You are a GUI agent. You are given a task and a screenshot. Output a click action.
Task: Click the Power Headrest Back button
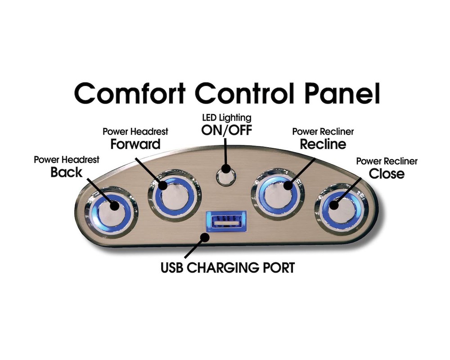pos(111,212)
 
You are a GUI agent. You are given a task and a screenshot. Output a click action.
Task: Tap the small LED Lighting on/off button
pos(226,176)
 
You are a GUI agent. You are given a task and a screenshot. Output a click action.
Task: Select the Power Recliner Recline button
pos(278,194)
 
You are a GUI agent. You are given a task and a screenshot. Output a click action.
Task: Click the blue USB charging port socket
pos(226,221)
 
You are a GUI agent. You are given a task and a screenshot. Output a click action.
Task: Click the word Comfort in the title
pos(130,93)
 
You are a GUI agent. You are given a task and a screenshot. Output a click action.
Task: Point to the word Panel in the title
pos(342,93)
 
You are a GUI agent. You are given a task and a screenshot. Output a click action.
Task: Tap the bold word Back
pos(66,172)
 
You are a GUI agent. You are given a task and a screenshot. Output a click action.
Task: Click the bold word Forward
pos(135,144)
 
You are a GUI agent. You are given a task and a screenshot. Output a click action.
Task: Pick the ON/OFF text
pos(227,130)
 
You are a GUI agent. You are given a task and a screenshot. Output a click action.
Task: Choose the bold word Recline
pos(323,144)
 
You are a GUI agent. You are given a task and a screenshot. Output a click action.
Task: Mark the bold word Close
pos(387,174)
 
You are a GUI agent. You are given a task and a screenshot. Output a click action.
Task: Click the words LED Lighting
pos(227,118)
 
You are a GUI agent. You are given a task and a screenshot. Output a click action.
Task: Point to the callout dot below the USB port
pos(205,238)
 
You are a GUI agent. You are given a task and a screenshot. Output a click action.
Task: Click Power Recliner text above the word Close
pos(387,162)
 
